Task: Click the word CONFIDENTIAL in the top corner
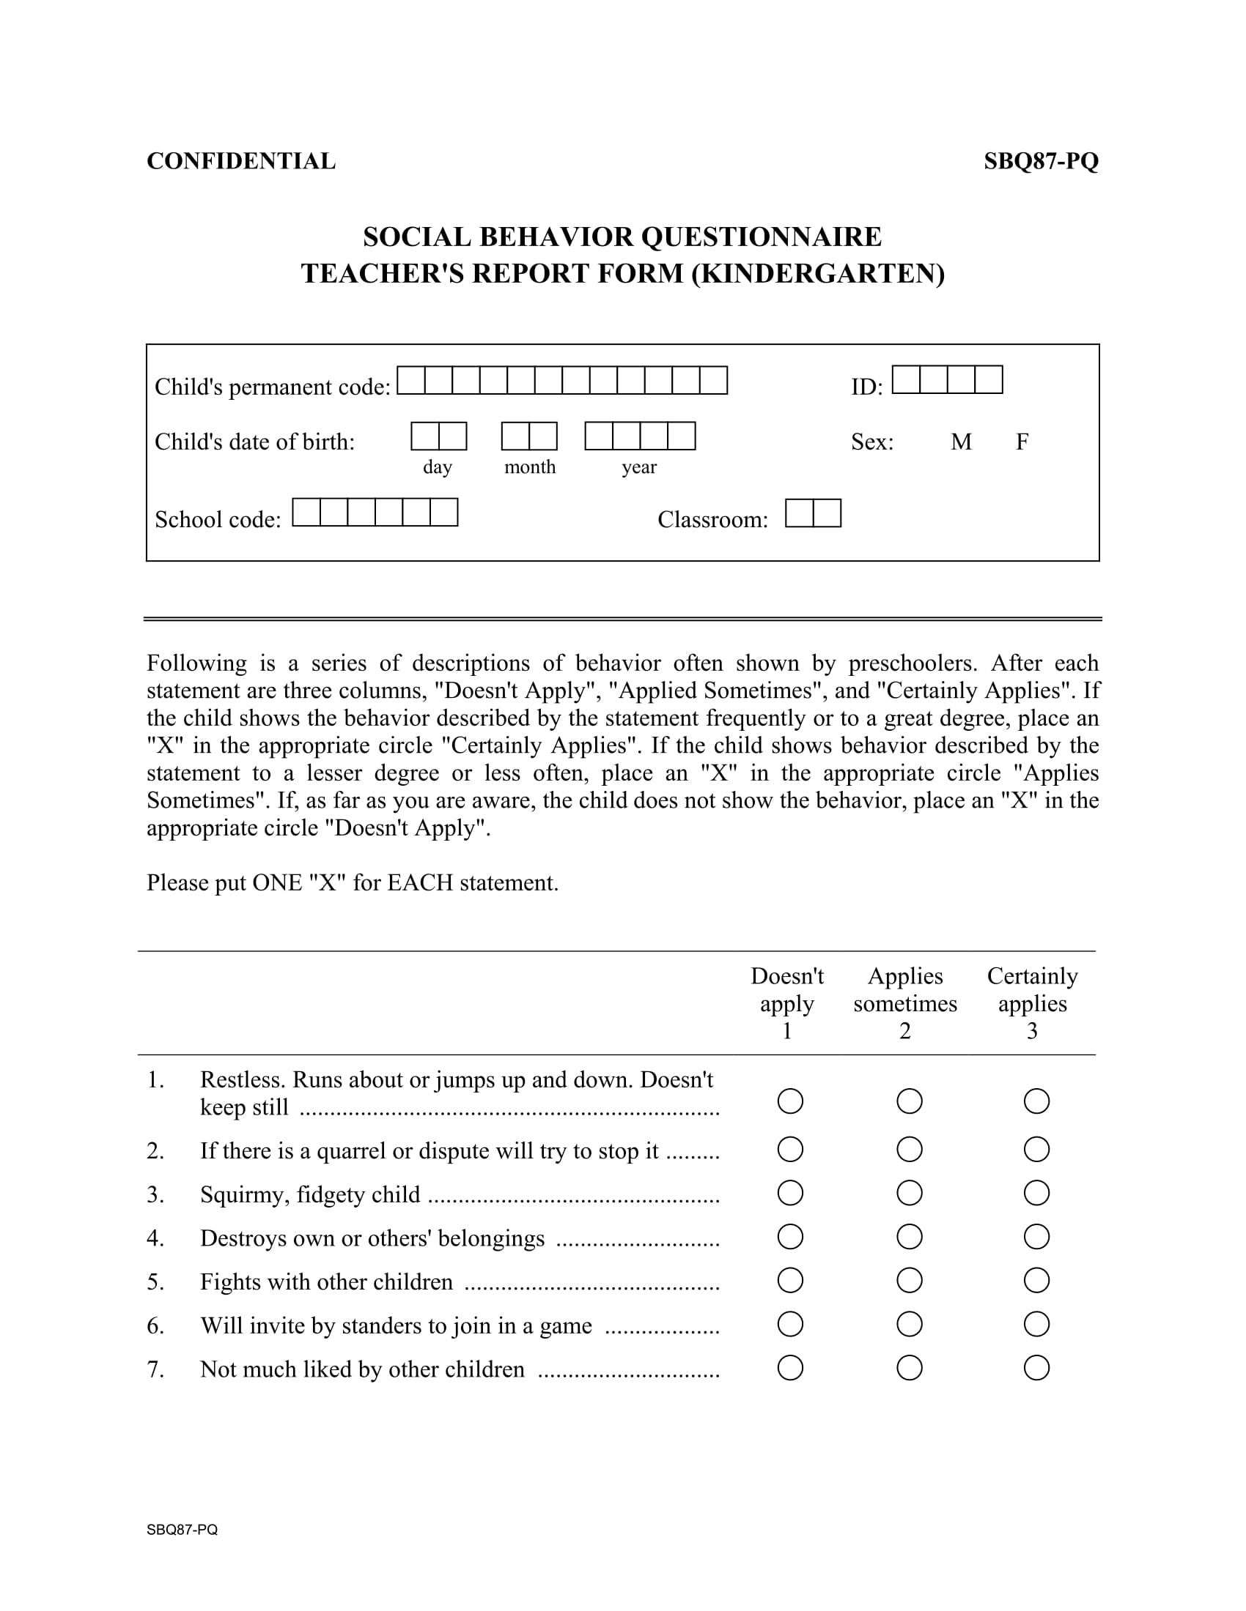(x=240, y=161)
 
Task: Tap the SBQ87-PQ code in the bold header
(x=1040, y=161)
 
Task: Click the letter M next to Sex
(x=960, y=442)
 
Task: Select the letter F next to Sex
(x=1022, y=442)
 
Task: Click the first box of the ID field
(x=906, y=380)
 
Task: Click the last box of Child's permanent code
(x=713, y=381)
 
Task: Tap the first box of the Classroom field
(x=799, y=513)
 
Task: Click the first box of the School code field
(x=306, y=513)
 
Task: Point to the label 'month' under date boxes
(x=529, y=467)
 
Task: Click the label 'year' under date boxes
(x=638, y=467)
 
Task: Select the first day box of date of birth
(x=424, y=436)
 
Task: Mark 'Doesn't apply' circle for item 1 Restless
(x=790, y=1101)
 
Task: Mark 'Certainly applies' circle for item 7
(x=1036, y=1369)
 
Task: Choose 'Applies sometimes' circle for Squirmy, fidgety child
(x=909, y=1193)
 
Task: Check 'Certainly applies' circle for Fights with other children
(x=1036, y=1281)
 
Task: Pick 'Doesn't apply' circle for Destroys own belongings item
(x=790, y=1237)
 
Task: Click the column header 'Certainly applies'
(x=1032, y=990)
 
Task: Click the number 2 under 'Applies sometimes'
(x=905, y=1031)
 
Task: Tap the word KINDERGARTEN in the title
(x=818, y=274)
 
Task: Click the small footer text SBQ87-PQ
(x=182, y=1529)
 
